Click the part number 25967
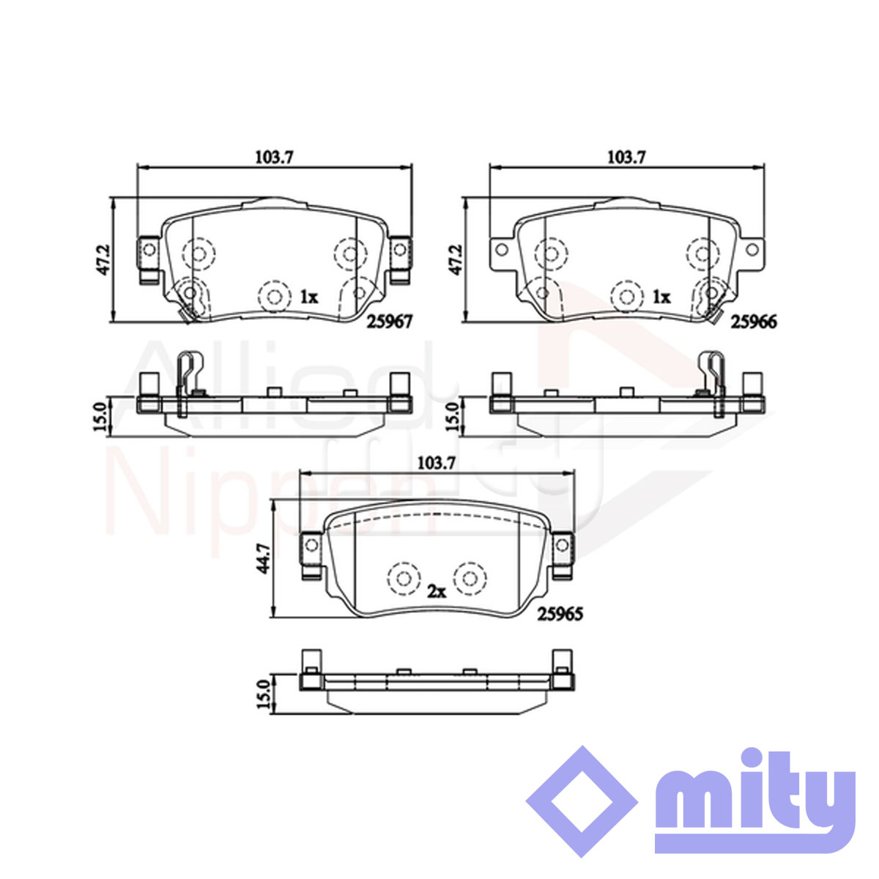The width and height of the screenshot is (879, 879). (390, 322)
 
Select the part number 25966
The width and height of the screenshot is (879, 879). (754, 322)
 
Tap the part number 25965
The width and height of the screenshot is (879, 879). (560, 614)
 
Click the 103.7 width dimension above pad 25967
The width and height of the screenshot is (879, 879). (275, 157)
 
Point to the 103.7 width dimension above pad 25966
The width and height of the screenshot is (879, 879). (627, 157)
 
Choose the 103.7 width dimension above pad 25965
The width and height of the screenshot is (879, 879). (437, 464)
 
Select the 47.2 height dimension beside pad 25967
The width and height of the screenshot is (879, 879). (103, 259)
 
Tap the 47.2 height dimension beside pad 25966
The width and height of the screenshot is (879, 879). (455, 259)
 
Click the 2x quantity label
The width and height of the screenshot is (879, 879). (436, 592)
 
